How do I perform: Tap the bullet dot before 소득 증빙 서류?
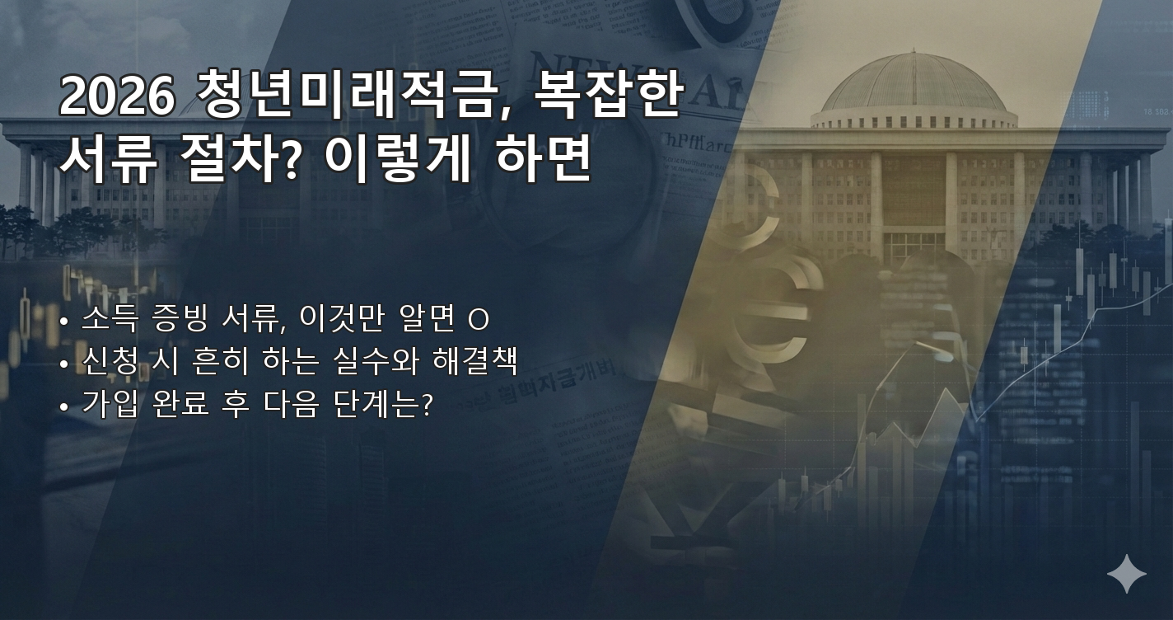(64, 320)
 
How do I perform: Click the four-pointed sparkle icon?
(1126, 574)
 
